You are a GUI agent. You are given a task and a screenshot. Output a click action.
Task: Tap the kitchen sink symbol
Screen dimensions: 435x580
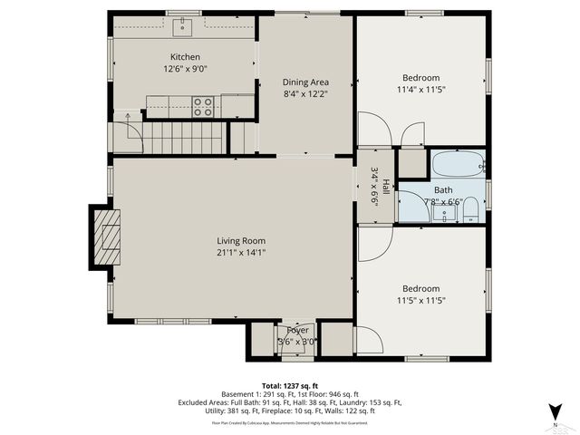(185, 28)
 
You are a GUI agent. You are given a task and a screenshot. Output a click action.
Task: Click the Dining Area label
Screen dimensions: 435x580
(305, 81)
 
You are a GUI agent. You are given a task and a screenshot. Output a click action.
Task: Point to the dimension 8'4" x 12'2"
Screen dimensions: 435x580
(305, 92)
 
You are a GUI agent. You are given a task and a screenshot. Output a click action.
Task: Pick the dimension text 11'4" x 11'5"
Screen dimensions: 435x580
(420, 90)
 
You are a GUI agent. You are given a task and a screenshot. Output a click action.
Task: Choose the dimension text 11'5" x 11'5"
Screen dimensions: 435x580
(420, 300)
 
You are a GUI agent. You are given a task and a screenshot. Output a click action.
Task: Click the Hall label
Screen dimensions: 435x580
(385, 186)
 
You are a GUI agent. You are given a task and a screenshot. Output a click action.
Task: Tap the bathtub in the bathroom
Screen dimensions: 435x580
(458, 165)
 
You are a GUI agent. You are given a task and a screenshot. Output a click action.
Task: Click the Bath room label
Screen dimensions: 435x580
(442, 190)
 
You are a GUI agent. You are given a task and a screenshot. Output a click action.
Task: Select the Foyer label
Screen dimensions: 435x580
(298, 330)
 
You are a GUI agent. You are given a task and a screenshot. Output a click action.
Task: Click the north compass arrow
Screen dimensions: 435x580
(556, 412)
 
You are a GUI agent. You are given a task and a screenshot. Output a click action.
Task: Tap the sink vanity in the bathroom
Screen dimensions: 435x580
(443, 213)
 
